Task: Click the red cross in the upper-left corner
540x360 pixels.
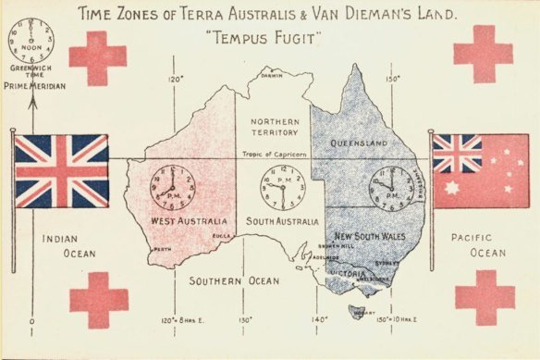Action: tap(97, 56)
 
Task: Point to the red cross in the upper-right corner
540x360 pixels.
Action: tap(482, 54)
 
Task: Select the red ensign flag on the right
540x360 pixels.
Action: tap(480, 171)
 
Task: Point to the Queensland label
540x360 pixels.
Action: tap(360, 144)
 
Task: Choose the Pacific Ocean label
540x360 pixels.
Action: tap(478, 245)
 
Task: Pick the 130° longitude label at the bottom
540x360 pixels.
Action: tap(245, 321)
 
